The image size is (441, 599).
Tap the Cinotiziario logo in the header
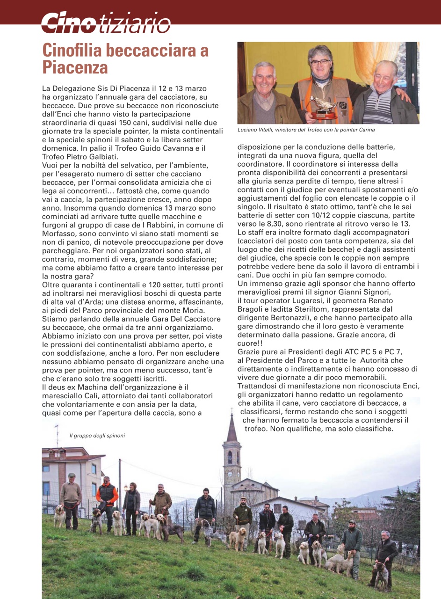point(105,22)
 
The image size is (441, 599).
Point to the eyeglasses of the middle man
point(320,62)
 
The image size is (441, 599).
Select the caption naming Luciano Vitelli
point(306,130)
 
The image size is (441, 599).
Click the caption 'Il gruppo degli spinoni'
point(97,435)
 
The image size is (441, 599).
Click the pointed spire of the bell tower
point(231,428)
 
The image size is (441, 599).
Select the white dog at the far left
point(60,515)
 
